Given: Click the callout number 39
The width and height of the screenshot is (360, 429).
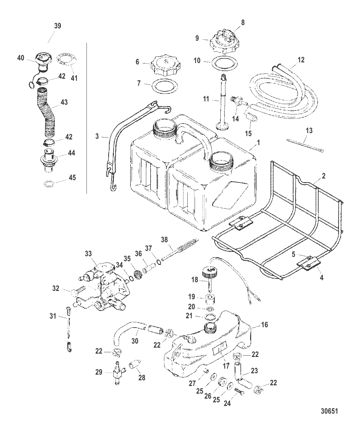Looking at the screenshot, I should [57, 26].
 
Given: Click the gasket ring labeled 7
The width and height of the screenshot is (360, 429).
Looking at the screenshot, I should [164, 87].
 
